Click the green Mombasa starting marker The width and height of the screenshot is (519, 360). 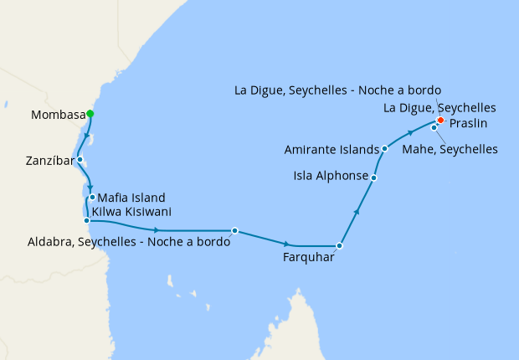[90, 114]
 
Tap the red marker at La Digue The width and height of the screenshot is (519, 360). [440, 120]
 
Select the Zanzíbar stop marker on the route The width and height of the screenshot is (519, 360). [80, 159]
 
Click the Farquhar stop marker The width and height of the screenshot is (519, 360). [339, 246]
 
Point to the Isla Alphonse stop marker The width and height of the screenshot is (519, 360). [373, 177]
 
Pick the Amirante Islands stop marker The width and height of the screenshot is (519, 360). [384, 149]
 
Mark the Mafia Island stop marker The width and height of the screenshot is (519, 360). [92, 198]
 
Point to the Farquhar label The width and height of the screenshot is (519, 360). [309, 258]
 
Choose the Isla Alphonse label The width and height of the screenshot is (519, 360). [330, 177]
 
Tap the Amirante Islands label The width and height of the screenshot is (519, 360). [331, 150]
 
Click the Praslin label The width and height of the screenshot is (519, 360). [469, 123]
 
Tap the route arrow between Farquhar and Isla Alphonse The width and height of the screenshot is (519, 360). [357, 212]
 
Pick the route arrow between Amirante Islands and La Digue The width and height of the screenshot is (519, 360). [411, 132]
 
